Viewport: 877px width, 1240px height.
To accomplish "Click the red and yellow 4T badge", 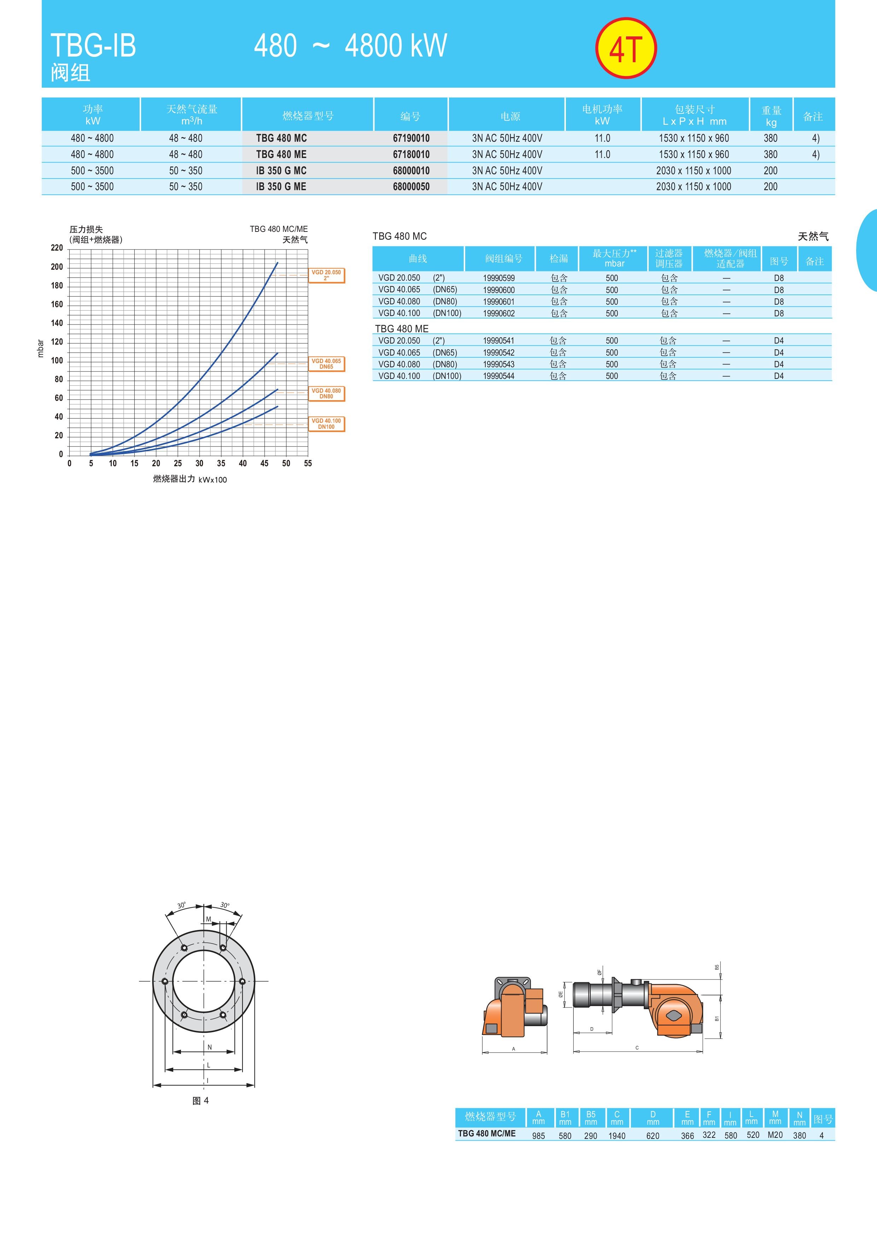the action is click(x=626, y=48).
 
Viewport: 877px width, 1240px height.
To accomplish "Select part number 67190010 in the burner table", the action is click(x=411, y=138).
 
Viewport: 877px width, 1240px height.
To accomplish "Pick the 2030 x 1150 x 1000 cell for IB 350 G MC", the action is click(x=694, y=171).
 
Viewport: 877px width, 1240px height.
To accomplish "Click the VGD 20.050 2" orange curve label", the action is click(x=326, y=275).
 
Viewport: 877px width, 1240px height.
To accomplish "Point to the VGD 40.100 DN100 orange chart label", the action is click(x=326, y=424).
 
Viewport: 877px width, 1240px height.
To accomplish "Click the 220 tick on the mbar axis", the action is click(x=57, y=248).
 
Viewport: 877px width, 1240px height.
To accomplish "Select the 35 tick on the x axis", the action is click(x=221, y=463).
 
